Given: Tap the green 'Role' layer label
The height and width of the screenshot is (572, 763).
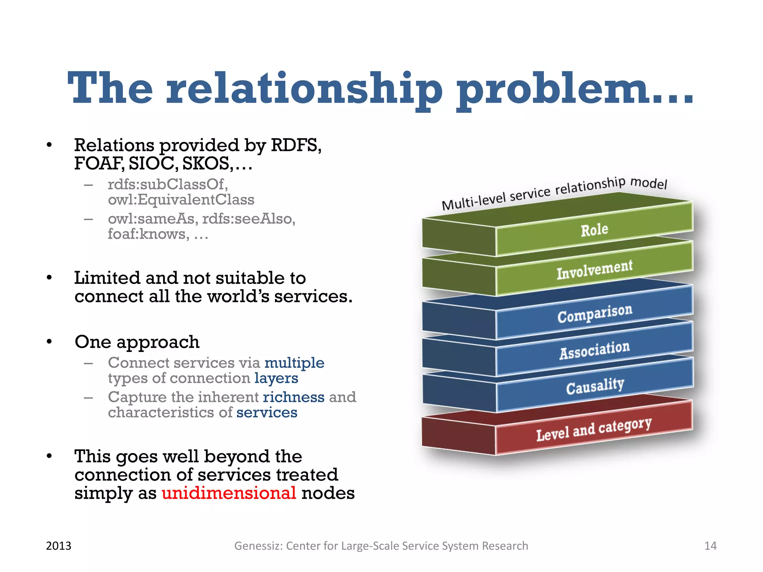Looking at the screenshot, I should (594, 230).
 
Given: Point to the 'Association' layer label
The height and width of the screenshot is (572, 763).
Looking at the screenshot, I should (595, 350).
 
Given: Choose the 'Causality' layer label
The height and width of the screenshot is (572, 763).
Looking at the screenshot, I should (595, 386).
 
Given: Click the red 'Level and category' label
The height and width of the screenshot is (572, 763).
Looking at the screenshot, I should (594, 429).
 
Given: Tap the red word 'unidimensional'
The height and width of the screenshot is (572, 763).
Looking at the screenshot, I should (229, 493).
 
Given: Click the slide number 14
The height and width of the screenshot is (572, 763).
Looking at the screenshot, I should (710, 546).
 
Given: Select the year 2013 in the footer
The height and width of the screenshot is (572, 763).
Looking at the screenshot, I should (58, 546).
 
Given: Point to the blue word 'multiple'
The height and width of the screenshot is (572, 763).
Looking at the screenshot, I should (294, 363).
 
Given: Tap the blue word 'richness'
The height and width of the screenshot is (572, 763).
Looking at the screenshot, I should (294, 397).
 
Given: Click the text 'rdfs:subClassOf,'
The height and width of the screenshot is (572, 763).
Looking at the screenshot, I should (168, 184).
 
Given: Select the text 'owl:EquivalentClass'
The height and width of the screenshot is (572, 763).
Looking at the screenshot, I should (181, 200).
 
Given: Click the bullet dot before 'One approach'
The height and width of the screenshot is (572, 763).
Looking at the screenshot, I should (49, 342).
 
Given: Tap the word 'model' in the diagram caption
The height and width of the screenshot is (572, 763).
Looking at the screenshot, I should (648, 183).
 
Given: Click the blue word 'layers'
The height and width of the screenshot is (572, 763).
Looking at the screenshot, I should (276, 378).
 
